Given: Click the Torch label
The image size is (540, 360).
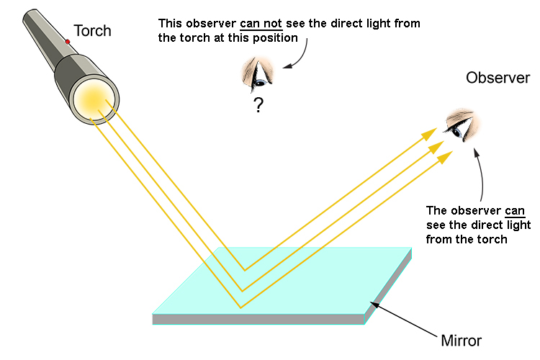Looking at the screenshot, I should tap(93, 31).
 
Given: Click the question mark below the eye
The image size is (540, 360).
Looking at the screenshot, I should tap(257, 105).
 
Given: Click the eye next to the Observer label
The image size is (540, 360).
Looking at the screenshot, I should tap(459, 125).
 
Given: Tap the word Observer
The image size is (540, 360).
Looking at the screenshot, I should tap(498, 78).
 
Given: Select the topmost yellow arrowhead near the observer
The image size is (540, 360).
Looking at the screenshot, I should tap(430, 133).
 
